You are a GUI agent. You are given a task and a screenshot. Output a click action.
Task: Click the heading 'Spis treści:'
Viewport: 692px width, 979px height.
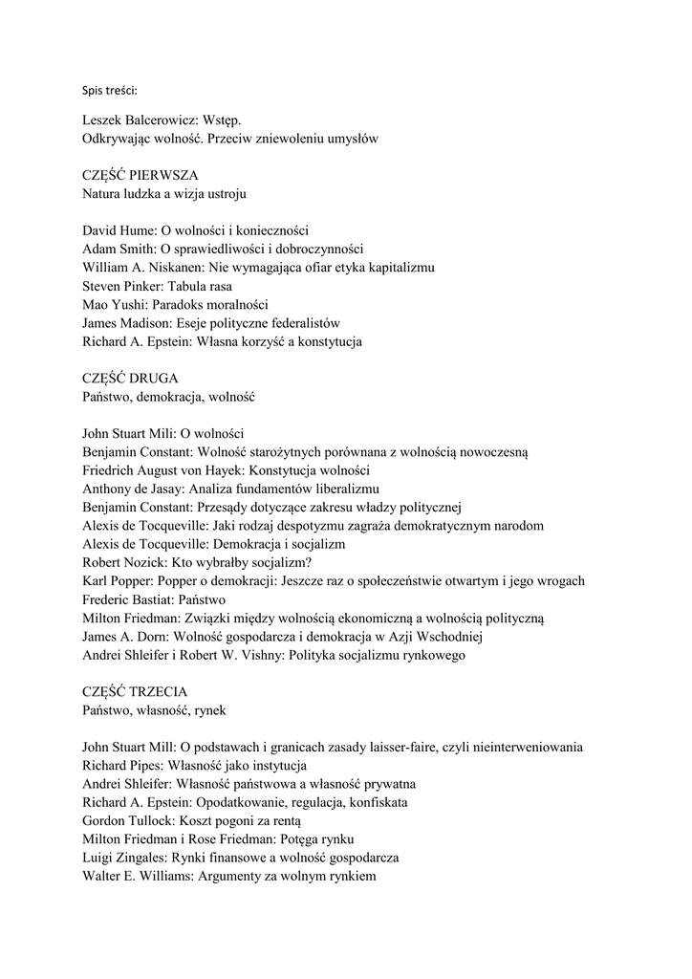pyautogui.click(x=110, y=92)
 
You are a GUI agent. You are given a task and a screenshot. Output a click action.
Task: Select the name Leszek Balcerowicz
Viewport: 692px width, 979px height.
pyautogui.click(x=139, y=121)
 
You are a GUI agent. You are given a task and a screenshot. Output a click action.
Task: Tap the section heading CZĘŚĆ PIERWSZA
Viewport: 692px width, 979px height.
pyautogui.click(x=141, y=176)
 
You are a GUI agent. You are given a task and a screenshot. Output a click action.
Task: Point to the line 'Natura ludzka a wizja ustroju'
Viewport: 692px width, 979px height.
pyautogui.click(x=164, y=194)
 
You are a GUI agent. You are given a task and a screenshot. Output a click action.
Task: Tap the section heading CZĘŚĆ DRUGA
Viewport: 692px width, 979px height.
pyautogui.click(x=130, y=378)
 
